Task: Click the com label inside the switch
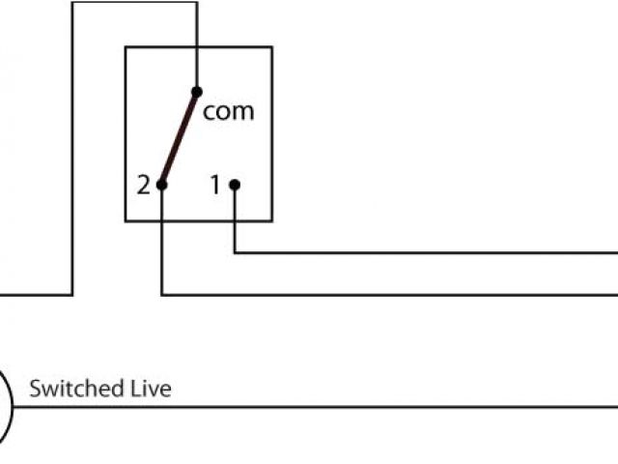(229, 111)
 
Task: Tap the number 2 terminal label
(143, 185)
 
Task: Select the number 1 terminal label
(216, 185)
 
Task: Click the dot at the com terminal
(197, 92)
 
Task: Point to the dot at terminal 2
(162, 185)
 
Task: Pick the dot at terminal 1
(235, 185)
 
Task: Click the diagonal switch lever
(180, 138)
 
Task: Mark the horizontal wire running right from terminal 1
(425, 253)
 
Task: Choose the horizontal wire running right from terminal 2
(386, 294)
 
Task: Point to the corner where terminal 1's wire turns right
(236, 253)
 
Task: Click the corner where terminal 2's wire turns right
(162, 294)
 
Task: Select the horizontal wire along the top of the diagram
(135, 2)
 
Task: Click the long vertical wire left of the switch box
(72, 145)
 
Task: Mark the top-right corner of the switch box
(271, 46)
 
